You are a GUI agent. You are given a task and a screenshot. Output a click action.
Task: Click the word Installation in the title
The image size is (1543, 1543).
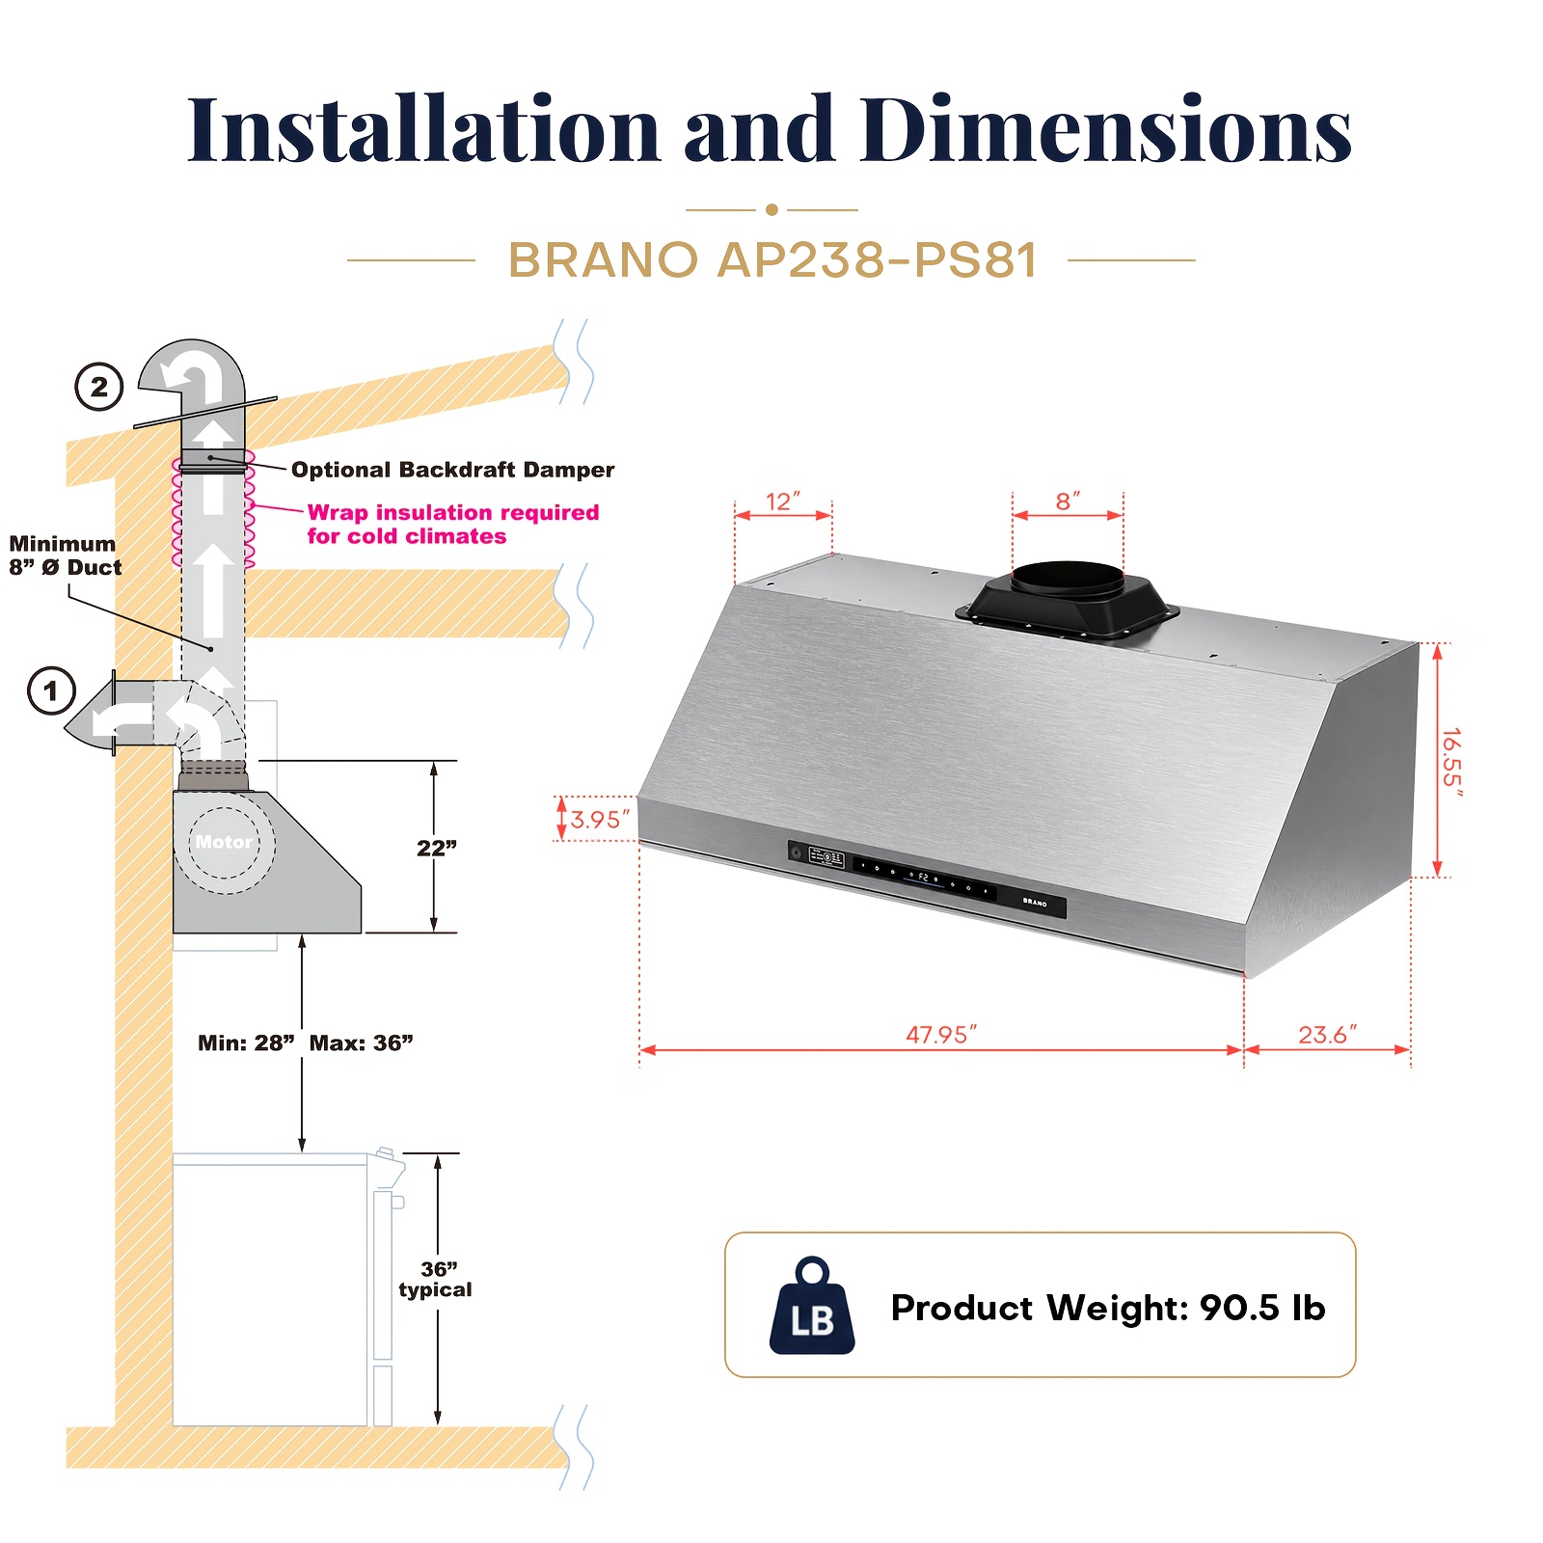tap(423, 129)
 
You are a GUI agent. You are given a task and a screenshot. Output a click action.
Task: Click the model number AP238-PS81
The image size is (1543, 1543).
tap(878, 259)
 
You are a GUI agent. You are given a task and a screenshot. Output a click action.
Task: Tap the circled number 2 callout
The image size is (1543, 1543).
tap(99, 387)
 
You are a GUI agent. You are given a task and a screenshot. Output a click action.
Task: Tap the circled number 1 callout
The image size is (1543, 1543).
tap(52, 690)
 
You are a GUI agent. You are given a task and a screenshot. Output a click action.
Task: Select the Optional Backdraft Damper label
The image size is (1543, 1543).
tap(452, 470)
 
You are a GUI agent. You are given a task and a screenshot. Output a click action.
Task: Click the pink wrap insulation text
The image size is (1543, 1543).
tap(453, 524)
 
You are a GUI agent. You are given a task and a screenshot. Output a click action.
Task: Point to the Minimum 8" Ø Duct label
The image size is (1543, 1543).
tap(66, 555)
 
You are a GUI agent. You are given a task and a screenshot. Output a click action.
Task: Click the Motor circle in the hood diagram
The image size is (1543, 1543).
tap(225, 843)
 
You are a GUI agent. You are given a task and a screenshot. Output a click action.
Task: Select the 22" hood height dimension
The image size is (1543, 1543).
tap(437, 848)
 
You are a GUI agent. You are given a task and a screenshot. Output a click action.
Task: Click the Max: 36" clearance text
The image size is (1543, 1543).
tap(361, 1042)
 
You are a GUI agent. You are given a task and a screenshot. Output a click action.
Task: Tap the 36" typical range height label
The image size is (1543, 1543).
tap(435, 1280)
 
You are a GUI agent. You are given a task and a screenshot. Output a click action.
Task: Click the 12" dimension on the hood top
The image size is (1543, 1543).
tap(783, 501)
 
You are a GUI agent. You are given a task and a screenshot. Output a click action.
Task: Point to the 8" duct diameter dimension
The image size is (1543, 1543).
tap(1068, 501)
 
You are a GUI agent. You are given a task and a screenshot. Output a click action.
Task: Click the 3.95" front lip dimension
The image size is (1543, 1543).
tap(600, 820)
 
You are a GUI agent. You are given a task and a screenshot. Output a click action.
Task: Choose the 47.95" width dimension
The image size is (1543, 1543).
tap(940, 1035)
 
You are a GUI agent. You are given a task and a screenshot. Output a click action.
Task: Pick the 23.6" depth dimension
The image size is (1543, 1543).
tap(1327, 1035)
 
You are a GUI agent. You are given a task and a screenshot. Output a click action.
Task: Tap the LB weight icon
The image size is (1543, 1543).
tap(812, 1306)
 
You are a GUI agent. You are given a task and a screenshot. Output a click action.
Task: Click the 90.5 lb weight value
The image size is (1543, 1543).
tap(1262, 1308)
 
